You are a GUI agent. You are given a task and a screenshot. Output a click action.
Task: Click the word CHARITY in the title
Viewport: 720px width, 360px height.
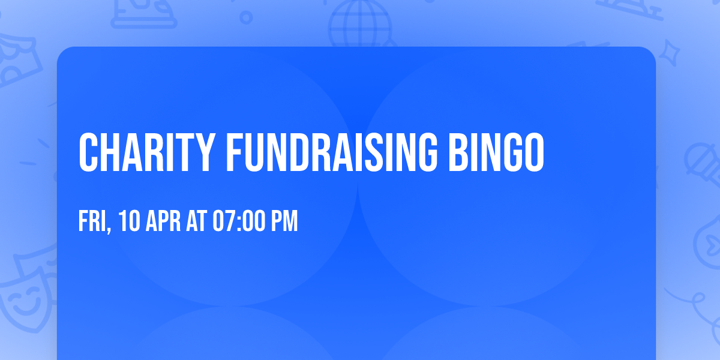tap(146, 152)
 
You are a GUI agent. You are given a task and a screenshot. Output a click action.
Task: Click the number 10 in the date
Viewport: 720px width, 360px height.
tap(129, 222)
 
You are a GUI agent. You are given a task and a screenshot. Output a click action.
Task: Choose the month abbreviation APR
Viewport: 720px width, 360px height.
tap(163, 222)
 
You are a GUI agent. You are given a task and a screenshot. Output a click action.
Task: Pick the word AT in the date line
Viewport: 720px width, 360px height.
tap(196, 222)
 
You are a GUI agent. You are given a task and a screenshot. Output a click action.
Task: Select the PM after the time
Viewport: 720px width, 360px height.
tap(284, 222)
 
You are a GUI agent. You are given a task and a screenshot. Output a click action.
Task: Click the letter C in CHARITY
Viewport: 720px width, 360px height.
tap(88, 152)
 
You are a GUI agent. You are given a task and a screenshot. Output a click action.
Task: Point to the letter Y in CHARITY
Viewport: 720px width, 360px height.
tap(204, 152)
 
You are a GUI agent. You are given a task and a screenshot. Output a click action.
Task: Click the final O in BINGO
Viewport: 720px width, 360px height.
tap(533, 152)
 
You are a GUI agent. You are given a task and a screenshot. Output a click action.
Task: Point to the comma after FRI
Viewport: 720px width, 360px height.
tap(110, 230)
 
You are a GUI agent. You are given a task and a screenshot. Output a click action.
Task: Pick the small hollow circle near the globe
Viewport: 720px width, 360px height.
tap(247, 17)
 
